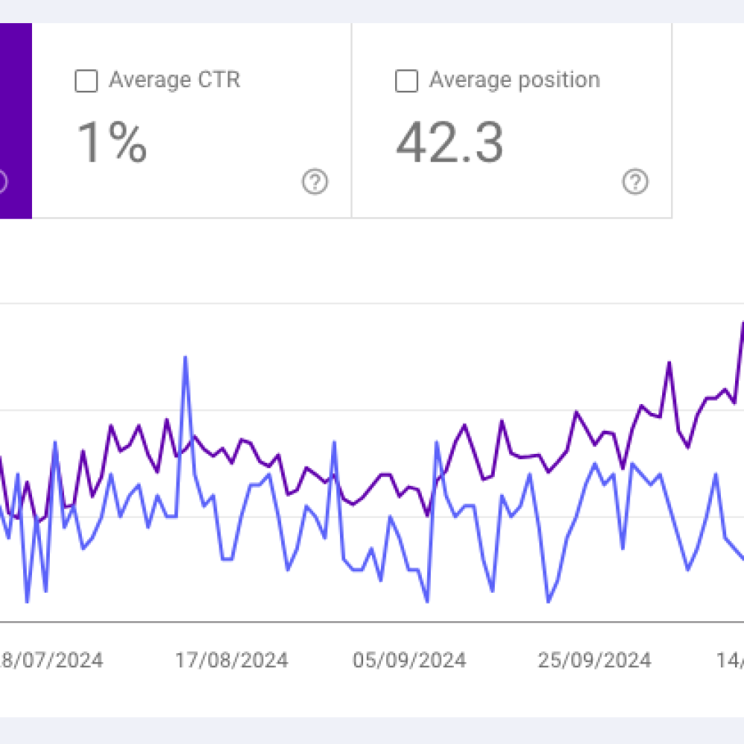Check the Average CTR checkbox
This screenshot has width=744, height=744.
click(x=86, y=81)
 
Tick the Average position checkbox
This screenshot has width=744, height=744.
click(x=406, y=81)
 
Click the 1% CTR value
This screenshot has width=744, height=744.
click(x=112, y=143)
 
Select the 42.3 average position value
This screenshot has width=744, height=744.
click(x=449, y=143)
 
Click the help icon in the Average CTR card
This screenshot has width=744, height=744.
click(x=315, y=182)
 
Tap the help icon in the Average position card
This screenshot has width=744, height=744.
click(x=635, y=182)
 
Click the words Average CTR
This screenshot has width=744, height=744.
click(x=174, y=80)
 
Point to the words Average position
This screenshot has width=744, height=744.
click(x=514, y=80)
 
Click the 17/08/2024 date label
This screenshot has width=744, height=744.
click(x=231, y=660)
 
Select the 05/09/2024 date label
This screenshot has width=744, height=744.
click(x=410, y=660)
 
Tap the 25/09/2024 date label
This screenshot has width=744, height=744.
click(x=594, y=660)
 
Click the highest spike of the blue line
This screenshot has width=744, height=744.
click(x=185, y=358)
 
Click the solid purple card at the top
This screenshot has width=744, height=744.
click(x=16, y=119)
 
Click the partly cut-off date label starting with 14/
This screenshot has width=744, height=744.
click(x=730, y=660)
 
